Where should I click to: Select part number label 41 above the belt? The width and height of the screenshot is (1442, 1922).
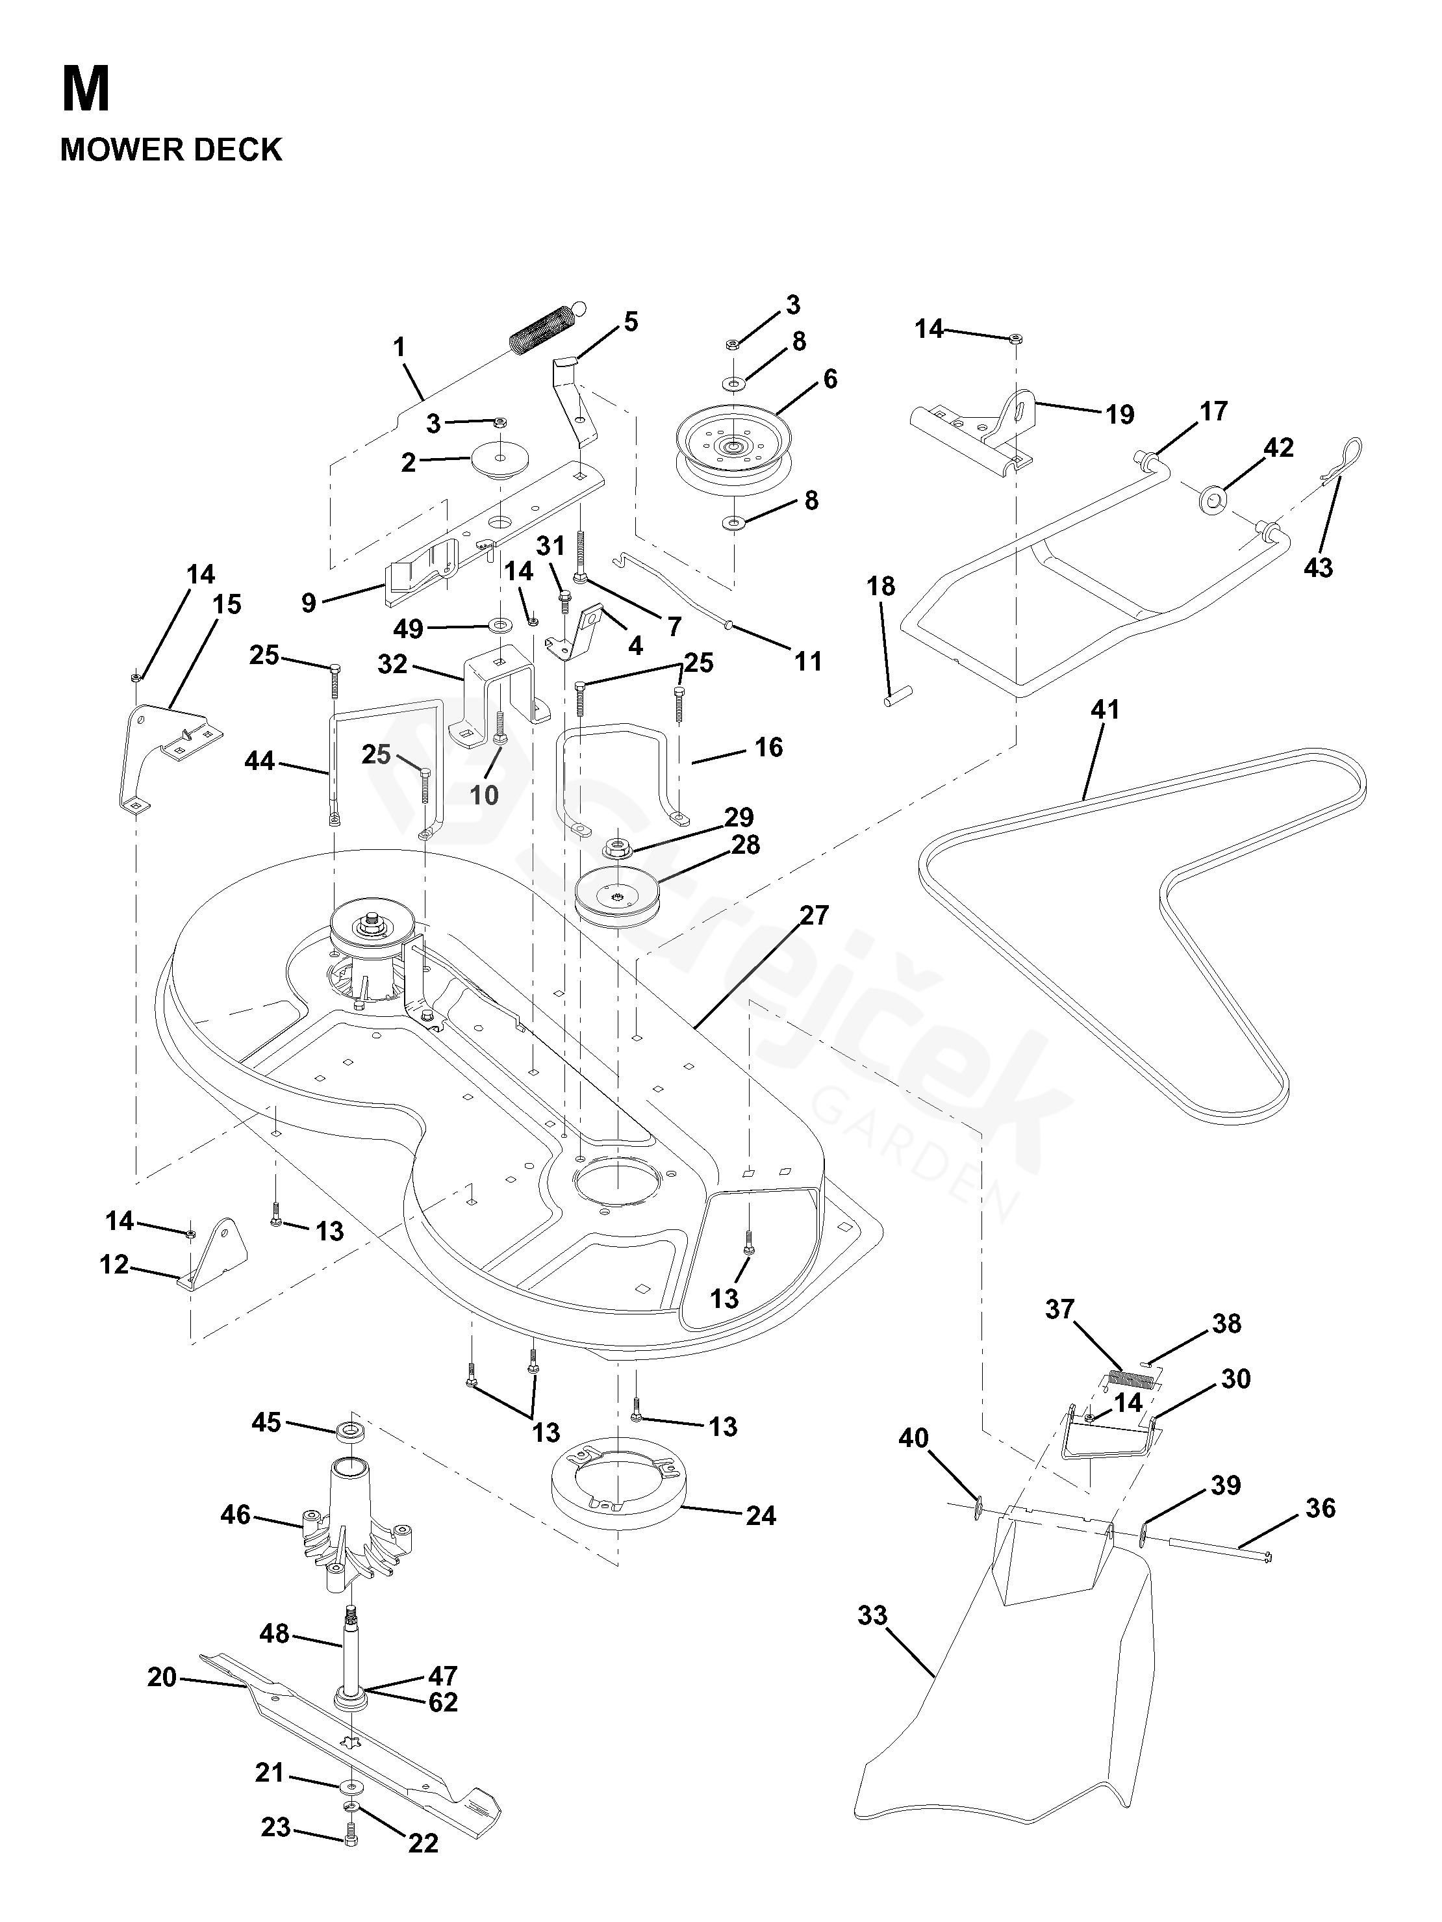pyautogui.click(x=1105, y=710)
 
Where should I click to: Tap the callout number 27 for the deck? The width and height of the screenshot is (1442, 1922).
pyautogui.click(x=815, y=915)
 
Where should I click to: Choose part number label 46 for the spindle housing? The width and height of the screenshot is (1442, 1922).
pyautogui.click(x=235, y=1515)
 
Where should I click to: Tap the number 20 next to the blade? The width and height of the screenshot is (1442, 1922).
pyautogui.click(x=162, y=1677)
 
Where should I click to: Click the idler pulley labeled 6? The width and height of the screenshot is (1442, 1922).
pyautogui.click(x=734, y=453)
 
